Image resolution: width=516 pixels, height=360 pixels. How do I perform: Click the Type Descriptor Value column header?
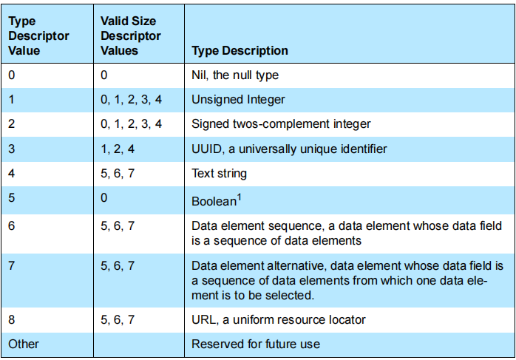pos(38,36)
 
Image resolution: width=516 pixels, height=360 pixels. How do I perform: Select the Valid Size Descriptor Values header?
pos(130,36)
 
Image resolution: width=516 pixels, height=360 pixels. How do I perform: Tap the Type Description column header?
pos(240,51)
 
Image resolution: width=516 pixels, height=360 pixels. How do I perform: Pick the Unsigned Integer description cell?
pos(238,99)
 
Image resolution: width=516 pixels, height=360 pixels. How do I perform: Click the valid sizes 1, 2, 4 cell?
pos(118,149)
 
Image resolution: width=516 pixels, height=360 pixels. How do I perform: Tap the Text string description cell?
pos(219,174)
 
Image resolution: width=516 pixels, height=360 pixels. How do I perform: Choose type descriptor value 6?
pos(12,225)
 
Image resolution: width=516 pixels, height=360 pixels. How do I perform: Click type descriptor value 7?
pos(12,265)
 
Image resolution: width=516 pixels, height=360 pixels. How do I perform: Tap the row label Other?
pos(24,344)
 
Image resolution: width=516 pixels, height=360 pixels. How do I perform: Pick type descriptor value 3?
pos(12,149)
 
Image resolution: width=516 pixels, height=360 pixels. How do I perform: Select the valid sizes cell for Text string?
pos(118,174)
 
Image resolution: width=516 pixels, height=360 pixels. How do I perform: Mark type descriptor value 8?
pos(12,319)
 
